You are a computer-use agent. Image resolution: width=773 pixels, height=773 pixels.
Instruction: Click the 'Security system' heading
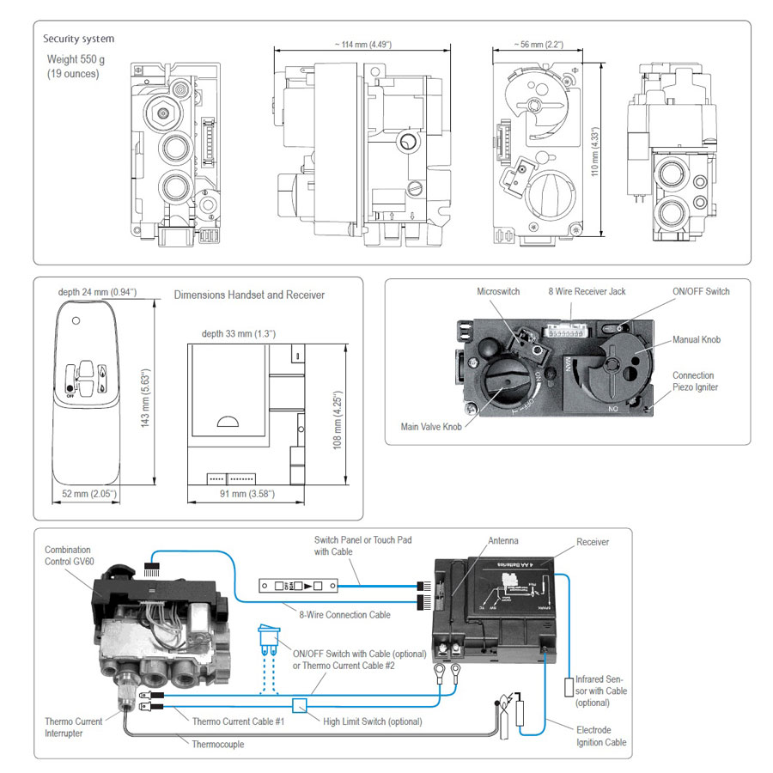click(x=78, y=39)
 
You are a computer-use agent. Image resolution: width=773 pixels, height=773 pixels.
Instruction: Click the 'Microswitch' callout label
click(x=498, y=292)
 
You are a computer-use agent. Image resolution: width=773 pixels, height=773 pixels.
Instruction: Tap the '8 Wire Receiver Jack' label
click(x=587, y=292)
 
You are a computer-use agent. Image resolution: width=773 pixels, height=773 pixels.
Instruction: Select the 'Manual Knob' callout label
click(x=697, y=340)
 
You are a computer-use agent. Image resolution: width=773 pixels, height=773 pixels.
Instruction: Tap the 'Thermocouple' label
click(x=218, y=744)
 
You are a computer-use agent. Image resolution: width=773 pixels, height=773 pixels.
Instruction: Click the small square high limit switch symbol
click(x=299, y=705)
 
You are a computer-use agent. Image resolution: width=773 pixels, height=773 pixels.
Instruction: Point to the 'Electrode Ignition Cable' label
click(x=600, y=736)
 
